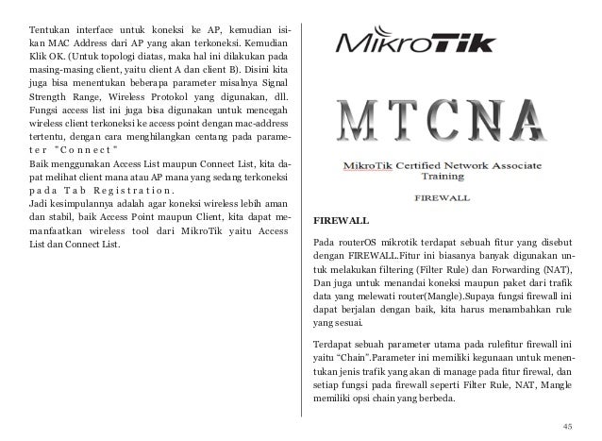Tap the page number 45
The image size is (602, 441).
pyautogui.click(x=567, y=425)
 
